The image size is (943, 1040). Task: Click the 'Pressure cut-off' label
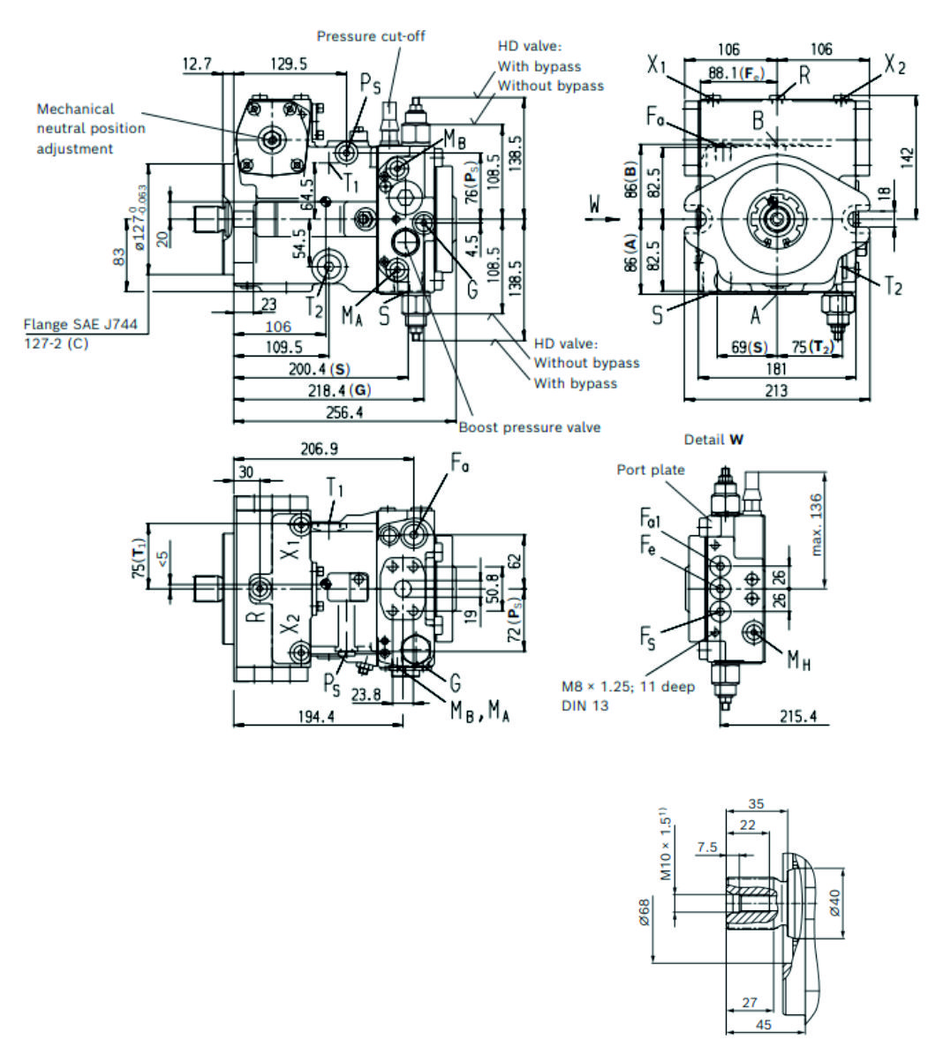coord(371,36)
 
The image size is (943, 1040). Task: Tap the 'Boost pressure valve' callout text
coord(529,427)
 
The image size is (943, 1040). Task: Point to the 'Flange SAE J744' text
coord(80,325)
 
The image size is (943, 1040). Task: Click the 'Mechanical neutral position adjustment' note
coord(90,129)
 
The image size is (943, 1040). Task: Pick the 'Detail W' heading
coord(713,440)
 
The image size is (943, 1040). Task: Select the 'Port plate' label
coord(651,470)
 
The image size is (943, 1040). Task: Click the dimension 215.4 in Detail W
coord(798,716)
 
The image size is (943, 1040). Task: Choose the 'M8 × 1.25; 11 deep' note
coord(628,686)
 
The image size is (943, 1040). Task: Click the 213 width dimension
coord(775,389)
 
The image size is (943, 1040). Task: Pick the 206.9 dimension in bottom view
coord(319,449)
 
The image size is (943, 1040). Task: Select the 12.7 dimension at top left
coord(197,64)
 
